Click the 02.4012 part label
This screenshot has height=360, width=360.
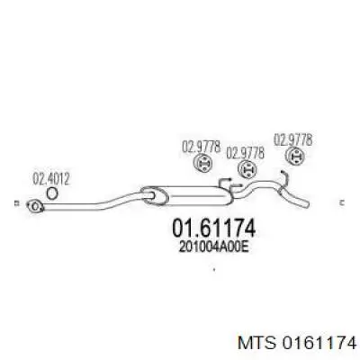coord(51,179)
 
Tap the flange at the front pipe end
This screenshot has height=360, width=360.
coord(35,206)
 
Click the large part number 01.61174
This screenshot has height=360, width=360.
coord(213,228)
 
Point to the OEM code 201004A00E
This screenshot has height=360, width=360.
coord(214,247)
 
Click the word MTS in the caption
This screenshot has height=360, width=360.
coord(256,343)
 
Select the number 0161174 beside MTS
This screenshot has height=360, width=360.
coord(319,343)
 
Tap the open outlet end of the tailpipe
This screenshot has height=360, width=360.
coord(307,204)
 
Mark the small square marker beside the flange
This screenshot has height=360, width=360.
coord(17,203)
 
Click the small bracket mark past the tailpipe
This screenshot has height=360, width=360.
coord(341,203)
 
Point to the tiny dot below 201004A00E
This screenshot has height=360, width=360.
coord(214,269)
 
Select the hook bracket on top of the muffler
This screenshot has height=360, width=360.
coord(227,183)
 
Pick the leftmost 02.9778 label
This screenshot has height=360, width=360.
coord(202,147)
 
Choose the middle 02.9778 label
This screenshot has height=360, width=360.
coord(245,153)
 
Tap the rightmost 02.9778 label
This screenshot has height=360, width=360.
coord(293,140)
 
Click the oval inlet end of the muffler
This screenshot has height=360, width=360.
coord(154,196)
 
